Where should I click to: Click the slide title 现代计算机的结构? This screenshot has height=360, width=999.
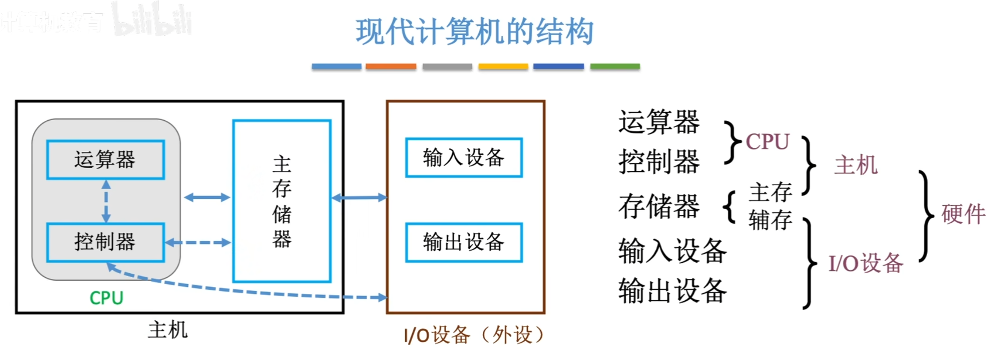[x=474, y=32]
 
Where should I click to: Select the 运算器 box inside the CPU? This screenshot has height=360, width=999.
[x=105, y=159]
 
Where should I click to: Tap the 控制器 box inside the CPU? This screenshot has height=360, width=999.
[x=105, y=242]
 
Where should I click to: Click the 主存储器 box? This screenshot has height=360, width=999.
[x=282, y=201]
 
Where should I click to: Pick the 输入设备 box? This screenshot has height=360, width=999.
[x=463, y=157]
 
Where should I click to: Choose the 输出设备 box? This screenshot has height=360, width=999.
[x=463, y=242]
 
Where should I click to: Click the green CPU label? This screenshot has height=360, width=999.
[x=106, y=298]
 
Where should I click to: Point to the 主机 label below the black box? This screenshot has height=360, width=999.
[x=167, y=330]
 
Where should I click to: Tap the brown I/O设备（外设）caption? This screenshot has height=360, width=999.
[x=474, y=335]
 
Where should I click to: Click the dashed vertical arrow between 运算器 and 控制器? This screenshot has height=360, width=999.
[x=106, y=201]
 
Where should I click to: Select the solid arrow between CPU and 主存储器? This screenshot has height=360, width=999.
[x=207, y=197]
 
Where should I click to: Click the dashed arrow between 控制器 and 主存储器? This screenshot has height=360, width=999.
[x=198, y=243]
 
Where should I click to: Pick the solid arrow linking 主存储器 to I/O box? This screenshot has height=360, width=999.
[x=359, y=198]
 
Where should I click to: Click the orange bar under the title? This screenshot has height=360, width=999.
[x=391, y=67]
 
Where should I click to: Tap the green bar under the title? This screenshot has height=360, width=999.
[x=614, y=67]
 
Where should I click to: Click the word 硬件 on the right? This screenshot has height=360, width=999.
[x=963, y=214]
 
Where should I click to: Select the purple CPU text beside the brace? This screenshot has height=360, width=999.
[x=767, y=141]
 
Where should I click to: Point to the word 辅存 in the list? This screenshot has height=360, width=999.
[x=770, y=220]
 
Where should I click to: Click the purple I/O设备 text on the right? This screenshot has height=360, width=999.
[x=866, y=263]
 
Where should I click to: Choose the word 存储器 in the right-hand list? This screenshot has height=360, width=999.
[x=659, y=206]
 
